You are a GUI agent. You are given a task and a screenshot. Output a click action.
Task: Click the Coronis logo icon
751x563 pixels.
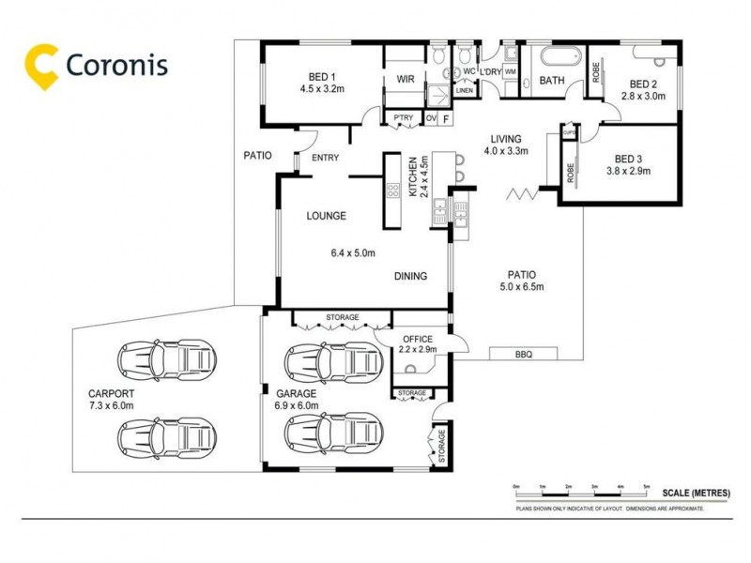42,63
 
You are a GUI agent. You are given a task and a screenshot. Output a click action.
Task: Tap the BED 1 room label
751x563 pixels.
322,77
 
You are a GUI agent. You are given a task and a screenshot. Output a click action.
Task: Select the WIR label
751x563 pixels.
406,79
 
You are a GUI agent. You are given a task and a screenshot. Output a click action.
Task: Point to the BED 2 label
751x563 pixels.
645,82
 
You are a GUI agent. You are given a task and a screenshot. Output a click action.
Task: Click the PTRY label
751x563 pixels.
403,117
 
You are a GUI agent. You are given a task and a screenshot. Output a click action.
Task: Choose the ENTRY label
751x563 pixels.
326,158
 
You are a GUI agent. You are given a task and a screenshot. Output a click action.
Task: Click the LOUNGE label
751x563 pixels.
326,216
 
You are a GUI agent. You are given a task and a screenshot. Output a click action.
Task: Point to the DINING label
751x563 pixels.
410,276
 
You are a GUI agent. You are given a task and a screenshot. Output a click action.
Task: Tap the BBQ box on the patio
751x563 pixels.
524,354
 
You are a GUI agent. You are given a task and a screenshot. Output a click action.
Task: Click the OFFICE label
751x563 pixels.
417,339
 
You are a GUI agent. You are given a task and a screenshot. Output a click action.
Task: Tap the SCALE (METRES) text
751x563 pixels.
695,493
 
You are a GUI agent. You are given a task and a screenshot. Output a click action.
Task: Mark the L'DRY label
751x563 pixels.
490,72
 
